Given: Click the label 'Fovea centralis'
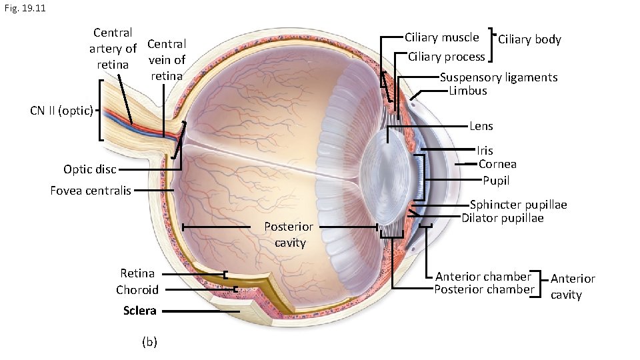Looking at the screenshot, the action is pos(90,191).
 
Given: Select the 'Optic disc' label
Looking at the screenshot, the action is pos(90,169).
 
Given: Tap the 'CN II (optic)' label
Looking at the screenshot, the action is pos(61,111).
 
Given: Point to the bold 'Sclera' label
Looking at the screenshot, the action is pos(139,311).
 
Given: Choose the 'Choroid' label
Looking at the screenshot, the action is pos(137,290).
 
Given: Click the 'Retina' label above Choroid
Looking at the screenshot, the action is pos(137,273).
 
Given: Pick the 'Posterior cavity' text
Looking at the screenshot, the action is pos(289,234).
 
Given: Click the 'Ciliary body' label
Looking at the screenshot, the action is pos(529,39).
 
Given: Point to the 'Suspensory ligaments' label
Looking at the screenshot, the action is pos(499,77).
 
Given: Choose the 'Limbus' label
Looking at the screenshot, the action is pos(468,91).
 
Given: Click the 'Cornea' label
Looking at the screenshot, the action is pos(497,164).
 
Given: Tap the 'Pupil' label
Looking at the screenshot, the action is pos(496,180).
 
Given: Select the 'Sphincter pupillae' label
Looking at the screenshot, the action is pos(518,205).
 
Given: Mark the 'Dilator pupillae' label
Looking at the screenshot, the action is pos(502,218).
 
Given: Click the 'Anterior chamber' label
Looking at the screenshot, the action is pos(483,277).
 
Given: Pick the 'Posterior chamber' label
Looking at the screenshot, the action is pos(484,289).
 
